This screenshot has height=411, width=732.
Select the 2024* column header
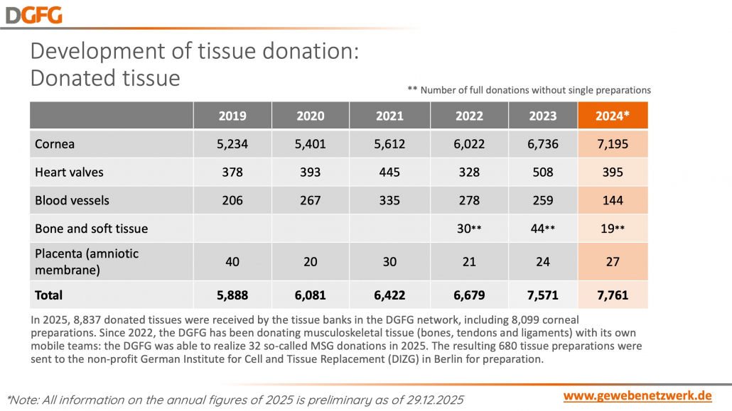612,116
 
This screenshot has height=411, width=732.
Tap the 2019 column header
233,116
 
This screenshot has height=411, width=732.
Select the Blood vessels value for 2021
389,200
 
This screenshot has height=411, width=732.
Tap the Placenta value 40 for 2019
233,262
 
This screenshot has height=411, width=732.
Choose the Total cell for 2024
612,295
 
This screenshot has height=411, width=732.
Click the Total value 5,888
233,295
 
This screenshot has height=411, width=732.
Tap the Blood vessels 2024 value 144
612,200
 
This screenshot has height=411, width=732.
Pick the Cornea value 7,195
612,144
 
